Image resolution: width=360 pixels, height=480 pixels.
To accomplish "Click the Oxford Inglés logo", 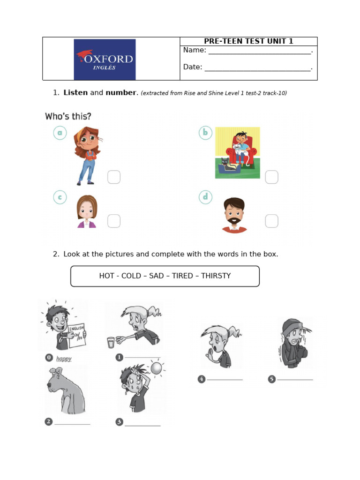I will tap(105, 60).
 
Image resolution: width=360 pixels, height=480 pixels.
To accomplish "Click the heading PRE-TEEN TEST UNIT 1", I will tap(248, 41).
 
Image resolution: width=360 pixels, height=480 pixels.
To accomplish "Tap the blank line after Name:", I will tap(259, 52).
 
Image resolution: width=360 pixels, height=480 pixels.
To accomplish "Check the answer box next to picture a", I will tap(114, 177).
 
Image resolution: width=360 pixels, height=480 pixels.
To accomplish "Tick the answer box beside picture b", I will tap(271, 177).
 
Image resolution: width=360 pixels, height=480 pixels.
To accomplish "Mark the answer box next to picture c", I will tap(114, 221).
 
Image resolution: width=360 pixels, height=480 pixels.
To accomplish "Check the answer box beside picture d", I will tap(271, 221).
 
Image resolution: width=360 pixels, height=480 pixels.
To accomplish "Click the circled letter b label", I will tap(205, 133).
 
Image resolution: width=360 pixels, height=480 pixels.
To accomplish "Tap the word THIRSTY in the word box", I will tap(216, 276).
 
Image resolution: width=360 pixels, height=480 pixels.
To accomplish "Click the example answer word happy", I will tap(64, 359).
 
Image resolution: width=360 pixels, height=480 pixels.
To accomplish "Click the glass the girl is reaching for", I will tap(111, 342).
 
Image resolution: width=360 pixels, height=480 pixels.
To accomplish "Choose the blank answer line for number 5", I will tap(295, 379).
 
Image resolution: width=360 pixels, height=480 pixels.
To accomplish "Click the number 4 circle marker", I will tap(202, 379).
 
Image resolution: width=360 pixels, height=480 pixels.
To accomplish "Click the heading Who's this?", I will tap(68, 116).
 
